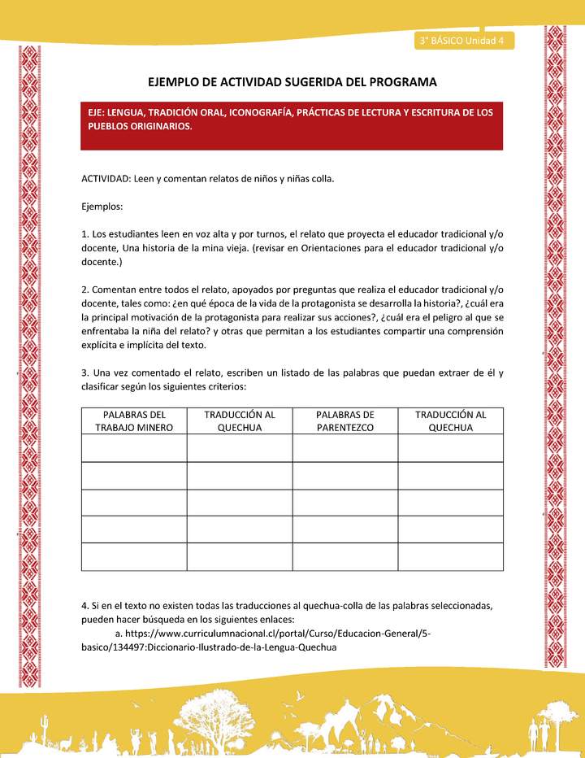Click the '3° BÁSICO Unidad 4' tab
460,40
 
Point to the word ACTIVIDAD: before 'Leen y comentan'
106,177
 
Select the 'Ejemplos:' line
102,207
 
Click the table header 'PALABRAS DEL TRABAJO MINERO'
134,420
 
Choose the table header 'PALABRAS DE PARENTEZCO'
344,420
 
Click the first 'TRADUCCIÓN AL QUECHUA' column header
240,420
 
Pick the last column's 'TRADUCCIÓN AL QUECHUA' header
450,420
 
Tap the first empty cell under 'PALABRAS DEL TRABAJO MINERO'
134,447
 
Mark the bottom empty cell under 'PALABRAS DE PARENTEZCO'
344,556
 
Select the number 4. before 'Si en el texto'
85,606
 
